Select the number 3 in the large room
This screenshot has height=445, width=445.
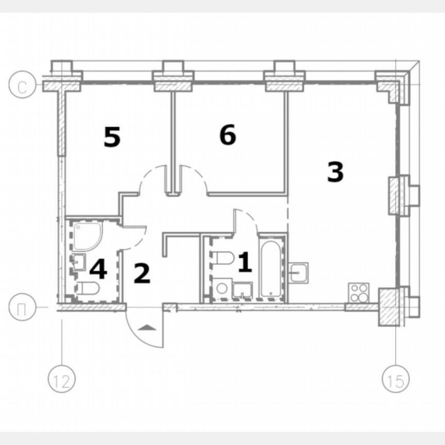(335, 172)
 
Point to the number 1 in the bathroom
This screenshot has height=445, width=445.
(245, 263)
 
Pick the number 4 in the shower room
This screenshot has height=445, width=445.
(98, 269)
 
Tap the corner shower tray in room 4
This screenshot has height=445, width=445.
(86, 235)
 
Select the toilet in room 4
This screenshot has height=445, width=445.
(87, 288)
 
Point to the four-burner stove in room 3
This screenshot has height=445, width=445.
(358, 293)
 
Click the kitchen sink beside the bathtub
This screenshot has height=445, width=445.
(299, 271)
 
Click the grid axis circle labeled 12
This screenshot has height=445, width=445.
(62, 381)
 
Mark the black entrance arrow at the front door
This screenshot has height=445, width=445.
(146, 327)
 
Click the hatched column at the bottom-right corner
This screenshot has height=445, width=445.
(390, 307)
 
